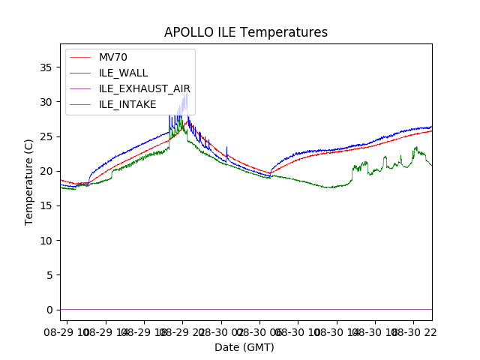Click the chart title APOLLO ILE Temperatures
(246, 32)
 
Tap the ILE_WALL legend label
(123, 73)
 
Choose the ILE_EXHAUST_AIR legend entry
(144, 88)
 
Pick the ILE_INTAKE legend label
(127, 104)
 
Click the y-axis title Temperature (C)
(29, 182)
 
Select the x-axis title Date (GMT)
(244, 347)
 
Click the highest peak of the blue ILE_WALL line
(185, 94)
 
